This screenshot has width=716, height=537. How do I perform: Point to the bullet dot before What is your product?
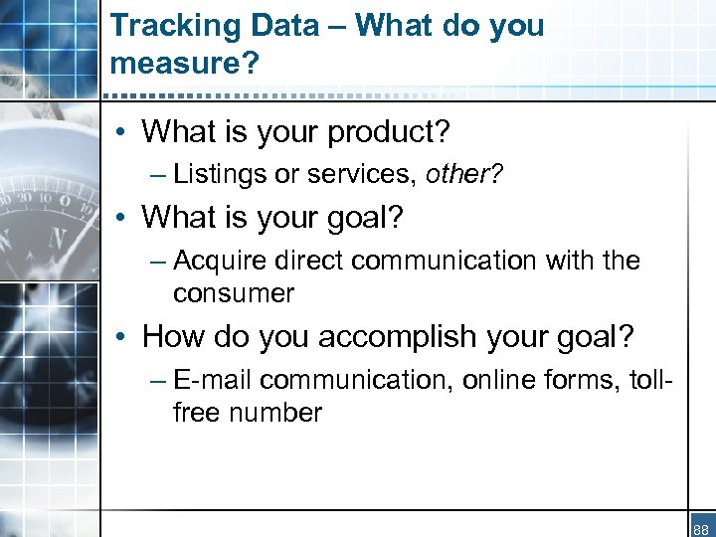(x=119, y=131)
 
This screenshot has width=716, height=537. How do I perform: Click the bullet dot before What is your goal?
(x=119, y=217)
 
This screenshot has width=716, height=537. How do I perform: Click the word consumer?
(x=233, y=293)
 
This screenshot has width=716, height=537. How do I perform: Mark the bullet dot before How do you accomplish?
(x=119, y=337)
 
